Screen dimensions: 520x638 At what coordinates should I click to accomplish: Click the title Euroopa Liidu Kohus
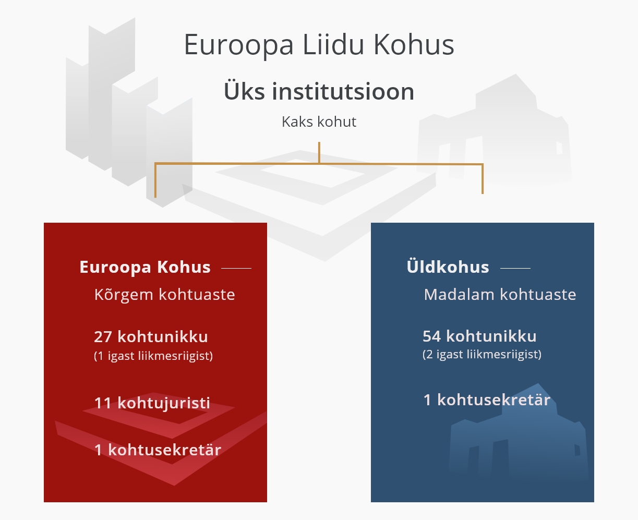319,45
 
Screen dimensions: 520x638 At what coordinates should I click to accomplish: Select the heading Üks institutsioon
319,92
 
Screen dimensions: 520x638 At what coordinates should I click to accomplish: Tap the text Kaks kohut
319,122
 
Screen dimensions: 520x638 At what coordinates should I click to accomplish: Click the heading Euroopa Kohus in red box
145,267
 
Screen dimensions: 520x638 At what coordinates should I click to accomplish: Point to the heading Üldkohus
448,267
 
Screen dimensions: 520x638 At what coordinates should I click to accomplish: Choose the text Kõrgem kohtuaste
164,295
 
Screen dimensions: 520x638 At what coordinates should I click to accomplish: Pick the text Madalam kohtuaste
500,295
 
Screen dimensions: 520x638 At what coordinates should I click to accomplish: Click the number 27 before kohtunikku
103,337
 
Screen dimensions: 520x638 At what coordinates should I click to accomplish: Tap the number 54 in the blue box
432,336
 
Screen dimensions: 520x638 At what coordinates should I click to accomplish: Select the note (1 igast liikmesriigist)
153,356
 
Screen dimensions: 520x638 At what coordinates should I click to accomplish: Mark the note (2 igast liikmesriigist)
482,355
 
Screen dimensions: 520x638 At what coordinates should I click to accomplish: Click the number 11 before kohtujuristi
103,403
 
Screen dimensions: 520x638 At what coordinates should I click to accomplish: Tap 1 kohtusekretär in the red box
158,450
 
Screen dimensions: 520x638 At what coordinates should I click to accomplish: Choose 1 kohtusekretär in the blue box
487,400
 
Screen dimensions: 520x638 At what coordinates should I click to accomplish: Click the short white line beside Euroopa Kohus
236,269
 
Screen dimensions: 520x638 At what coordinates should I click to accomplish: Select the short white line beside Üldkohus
515,269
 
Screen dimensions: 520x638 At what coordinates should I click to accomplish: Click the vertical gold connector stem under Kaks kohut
319,152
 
